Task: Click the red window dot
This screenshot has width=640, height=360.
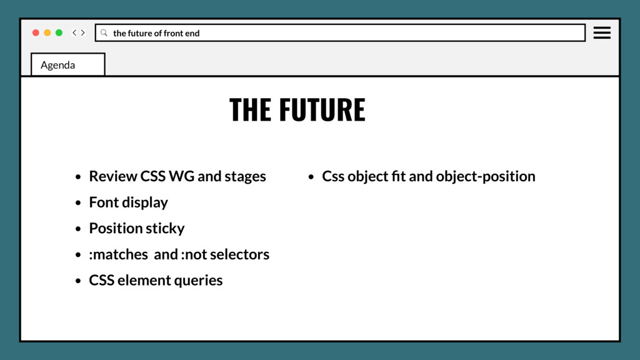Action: click(36, 32)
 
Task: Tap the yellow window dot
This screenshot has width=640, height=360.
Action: click(47, 32)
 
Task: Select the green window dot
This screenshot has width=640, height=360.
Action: click(59, 32)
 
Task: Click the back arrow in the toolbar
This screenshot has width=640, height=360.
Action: click(74, 32)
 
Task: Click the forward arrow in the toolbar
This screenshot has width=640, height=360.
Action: click(83, 32)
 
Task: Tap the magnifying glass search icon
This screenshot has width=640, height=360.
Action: click(104, 32)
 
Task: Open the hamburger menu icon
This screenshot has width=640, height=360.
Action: click(602, 32)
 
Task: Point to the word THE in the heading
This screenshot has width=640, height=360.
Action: click(250, 110)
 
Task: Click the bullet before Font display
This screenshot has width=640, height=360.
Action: click(77, 203)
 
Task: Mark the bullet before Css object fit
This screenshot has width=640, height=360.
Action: click(311, 177)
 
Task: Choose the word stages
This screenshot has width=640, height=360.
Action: click(245, 177)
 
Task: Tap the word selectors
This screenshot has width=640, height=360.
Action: click(240, 254)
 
